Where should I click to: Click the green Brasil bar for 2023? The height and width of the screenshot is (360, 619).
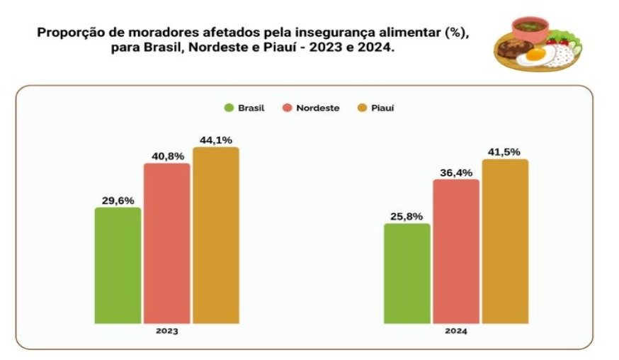[x=118, y=265]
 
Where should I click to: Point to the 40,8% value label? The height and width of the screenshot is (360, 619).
[x=166, y=156]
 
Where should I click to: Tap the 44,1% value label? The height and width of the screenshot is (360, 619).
[x=215, y=140]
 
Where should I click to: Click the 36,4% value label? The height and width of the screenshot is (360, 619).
[x=455, y=172]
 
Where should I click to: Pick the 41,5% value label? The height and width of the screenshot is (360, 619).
[x=505, y=152]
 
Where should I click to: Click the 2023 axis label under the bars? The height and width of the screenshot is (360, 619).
[x=167, y=331]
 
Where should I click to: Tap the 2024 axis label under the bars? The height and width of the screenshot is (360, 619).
[x=456, y=331]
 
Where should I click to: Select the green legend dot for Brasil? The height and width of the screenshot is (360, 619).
[x=229, y=108]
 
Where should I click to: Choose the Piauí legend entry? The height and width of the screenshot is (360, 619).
[x=379, y=108]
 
